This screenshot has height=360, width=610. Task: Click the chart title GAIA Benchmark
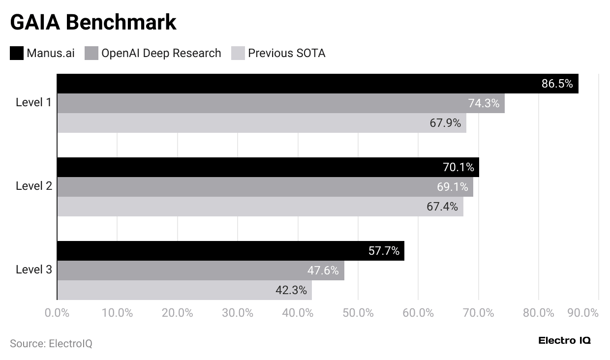click(x=93, y=22)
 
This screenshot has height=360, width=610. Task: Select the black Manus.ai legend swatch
click(x=17, y=53)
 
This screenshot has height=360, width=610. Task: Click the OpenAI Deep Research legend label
click(x=161, y=53)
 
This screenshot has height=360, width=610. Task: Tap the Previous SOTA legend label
click(x=286, y=53)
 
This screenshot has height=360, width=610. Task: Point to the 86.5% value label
click(x=557, y=84)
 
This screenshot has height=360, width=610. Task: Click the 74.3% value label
click(x=483, y=103)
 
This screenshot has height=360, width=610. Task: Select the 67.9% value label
click(x=445, y=123)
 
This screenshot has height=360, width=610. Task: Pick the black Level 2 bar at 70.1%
click(x=268, y=167)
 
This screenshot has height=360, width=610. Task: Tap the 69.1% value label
click(x=452, y=187)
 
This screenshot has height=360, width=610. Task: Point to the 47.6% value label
click(x=323, y=270)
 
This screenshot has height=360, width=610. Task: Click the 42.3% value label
click(x=291, y=290)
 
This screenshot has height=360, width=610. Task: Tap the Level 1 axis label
click(x=33, y=102)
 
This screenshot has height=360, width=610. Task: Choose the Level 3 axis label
click(x=33, y=270)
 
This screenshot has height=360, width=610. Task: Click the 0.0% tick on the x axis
click(x=57, y=313)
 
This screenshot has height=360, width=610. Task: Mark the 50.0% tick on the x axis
click(x=358, y=313)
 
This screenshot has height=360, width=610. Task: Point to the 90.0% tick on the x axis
click(x=582, y=313)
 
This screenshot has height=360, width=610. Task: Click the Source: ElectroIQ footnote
click(x=51, y=343)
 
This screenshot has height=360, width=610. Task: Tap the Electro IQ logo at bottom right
click(x=564, y=340)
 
